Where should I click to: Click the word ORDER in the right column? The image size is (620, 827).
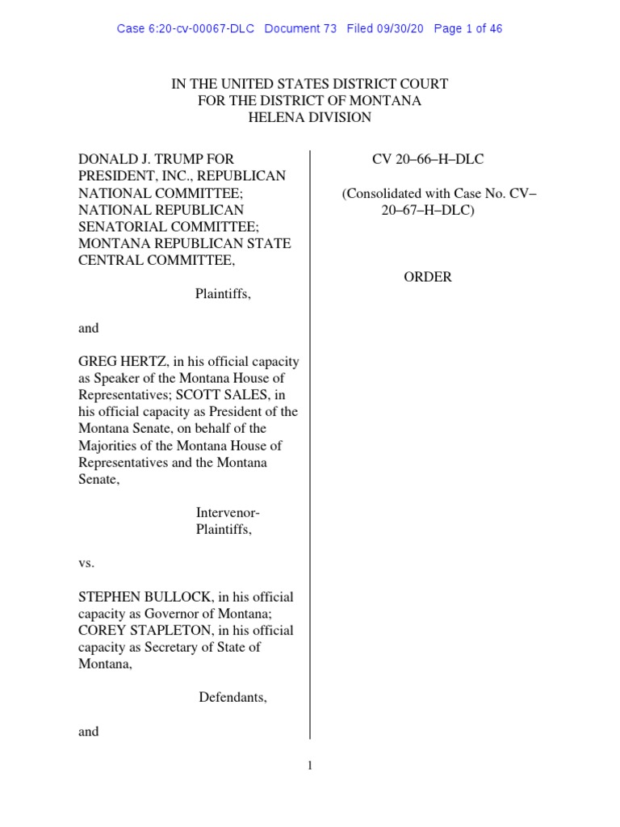[428, 277]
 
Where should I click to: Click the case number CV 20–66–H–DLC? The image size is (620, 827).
[428, 159]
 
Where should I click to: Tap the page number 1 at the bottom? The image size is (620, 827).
[310, 766]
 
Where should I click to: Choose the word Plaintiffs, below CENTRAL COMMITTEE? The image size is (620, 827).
[223, 294]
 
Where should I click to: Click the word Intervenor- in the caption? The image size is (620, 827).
[228, 513]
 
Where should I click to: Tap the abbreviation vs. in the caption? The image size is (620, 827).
[86, 563]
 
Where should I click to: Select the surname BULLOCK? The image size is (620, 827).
[172, 597]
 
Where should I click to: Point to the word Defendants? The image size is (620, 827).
[233, 697]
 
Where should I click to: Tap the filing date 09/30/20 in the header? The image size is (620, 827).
[400, 29]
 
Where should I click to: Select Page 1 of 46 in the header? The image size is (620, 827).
[468, 29]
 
